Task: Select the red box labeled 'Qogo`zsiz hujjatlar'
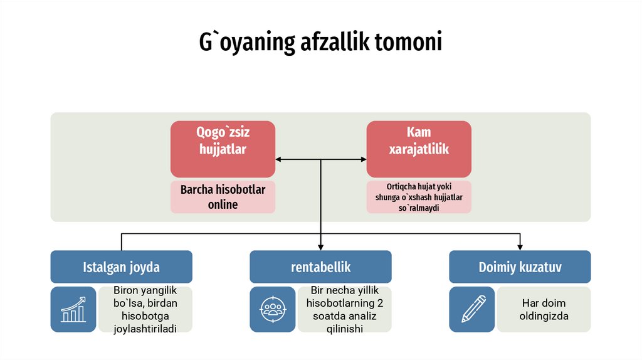(223, 149)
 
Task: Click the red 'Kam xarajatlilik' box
(419, 149)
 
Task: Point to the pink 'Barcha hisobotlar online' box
(223, 197)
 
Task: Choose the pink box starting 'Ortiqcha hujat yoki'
(419, 197)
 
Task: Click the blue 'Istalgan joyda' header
(121, 267)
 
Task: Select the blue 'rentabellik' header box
(320, 267)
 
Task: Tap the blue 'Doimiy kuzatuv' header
(520, 267)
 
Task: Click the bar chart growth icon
(73, 309)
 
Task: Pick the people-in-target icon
(273, 309)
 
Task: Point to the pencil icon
(472, 309)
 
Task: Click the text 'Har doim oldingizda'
(544, 309)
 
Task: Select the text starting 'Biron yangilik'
(145, 309)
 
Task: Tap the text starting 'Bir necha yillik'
(344, 309)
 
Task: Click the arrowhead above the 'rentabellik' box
(320, 246)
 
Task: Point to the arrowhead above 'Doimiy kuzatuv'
(520, 246)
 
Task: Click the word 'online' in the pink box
(223, 204)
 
